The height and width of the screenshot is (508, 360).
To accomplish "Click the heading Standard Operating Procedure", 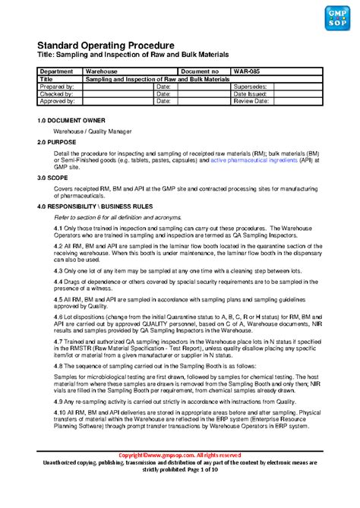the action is click(106, 47).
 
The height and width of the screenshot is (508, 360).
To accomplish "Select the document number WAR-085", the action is click(246, 71).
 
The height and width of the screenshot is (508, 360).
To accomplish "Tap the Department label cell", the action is click(56, 71).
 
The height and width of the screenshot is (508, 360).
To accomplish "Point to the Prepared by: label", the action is click(57, 86).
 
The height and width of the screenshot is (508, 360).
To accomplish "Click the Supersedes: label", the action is click(251, 86).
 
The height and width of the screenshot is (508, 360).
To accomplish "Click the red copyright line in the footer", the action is click(180, 455).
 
